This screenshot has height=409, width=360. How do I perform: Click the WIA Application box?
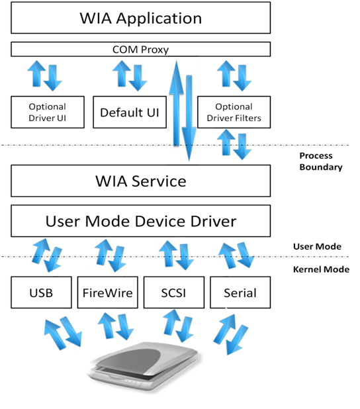(141, 17)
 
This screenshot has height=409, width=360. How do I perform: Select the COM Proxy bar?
(141, 50)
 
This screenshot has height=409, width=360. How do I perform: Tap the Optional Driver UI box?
(48, 113)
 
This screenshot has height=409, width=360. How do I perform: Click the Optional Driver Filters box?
(234, 113)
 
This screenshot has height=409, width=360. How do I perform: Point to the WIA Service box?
(141, 180)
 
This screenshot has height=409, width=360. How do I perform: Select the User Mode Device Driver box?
(141, 221)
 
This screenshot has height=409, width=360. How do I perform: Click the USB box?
(41, 292)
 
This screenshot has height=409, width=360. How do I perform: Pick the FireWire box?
(108, 292)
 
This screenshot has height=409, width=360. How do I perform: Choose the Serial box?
(240, 292)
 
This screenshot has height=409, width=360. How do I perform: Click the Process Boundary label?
(320, 161)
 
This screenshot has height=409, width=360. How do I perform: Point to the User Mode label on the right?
(317, 247)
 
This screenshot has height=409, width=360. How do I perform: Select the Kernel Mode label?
(320, 269)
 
